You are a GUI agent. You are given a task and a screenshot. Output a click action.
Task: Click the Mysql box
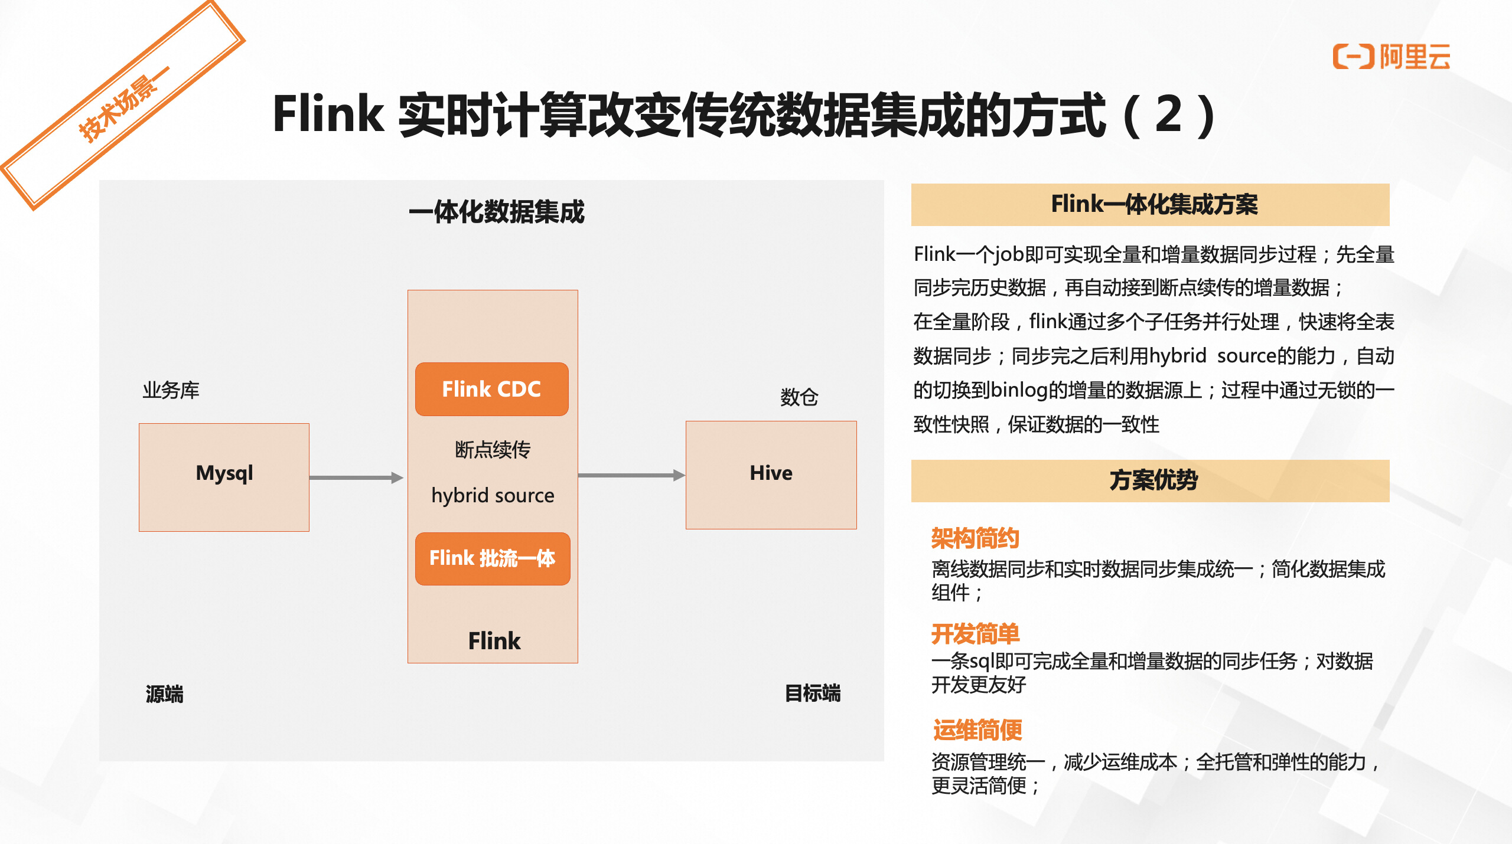coord(224,477)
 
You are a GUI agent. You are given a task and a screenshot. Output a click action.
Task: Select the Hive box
coord(771,475)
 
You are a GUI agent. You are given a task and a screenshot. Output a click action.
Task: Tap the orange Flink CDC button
coord(492,389)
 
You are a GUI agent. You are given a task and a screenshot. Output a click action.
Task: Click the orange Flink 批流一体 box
coord(493,558)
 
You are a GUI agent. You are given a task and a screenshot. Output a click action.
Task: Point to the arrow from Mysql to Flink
coord(356,477)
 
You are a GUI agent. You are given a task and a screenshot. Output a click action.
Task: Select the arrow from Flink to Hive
coord(631,475)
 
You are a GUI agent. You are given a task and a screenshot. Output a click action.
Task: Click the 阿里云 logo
coord(1391,57)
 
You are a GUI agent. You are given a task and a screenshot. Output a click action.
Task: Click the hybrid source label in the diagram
coord(493,495)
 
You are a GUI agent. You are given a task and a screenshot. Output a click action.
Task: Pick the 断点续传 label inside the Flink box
coord(493,450)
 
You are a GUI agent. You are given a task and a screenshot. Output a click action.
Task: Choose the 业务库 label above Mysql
coord(171,390)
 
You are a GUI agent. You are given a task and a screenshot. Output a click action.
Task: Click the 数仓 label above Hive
coord(799,397)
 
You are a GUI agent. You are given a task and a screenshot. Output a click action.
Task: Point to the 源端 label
coord(165,694)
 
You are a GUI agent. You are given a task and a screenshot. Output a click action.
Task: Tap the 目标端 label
coord(813,693)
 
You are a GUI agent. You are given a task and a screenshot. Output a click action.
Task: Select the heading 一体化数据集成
coord(497,212)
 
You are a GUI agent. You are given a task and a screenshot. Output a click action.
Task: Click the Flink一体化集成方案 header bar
coord(1151,205)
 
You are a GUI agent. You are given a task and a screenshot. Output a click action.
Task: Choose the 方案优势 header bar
coord(1151,481)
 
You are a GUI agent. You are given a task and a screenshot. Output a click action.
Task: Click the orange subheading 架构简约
coord(976,538)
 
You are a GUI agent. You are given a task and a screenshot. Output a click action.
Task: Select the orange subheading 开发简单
coord(976,634)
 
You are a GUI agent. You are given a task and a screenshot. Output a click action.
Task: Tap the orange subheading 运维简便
coord(977,730)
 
